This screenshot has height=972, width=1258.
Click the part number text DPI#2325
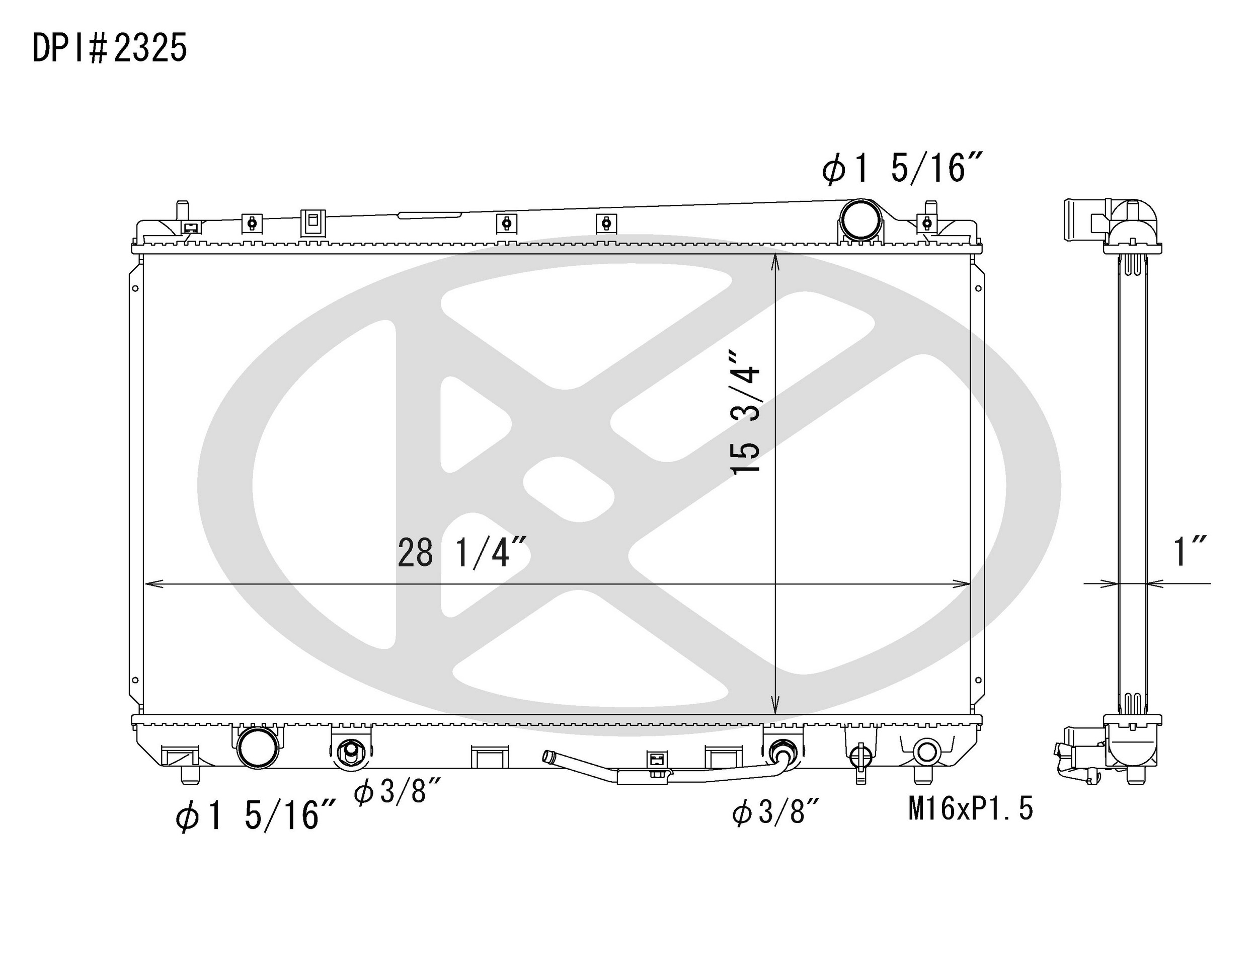tap(109, 48)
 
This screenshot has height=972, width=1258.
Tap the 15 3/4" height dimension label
tap(745, 411)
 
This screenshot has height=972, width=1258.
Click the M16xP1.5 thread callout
tap(971, 809)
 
